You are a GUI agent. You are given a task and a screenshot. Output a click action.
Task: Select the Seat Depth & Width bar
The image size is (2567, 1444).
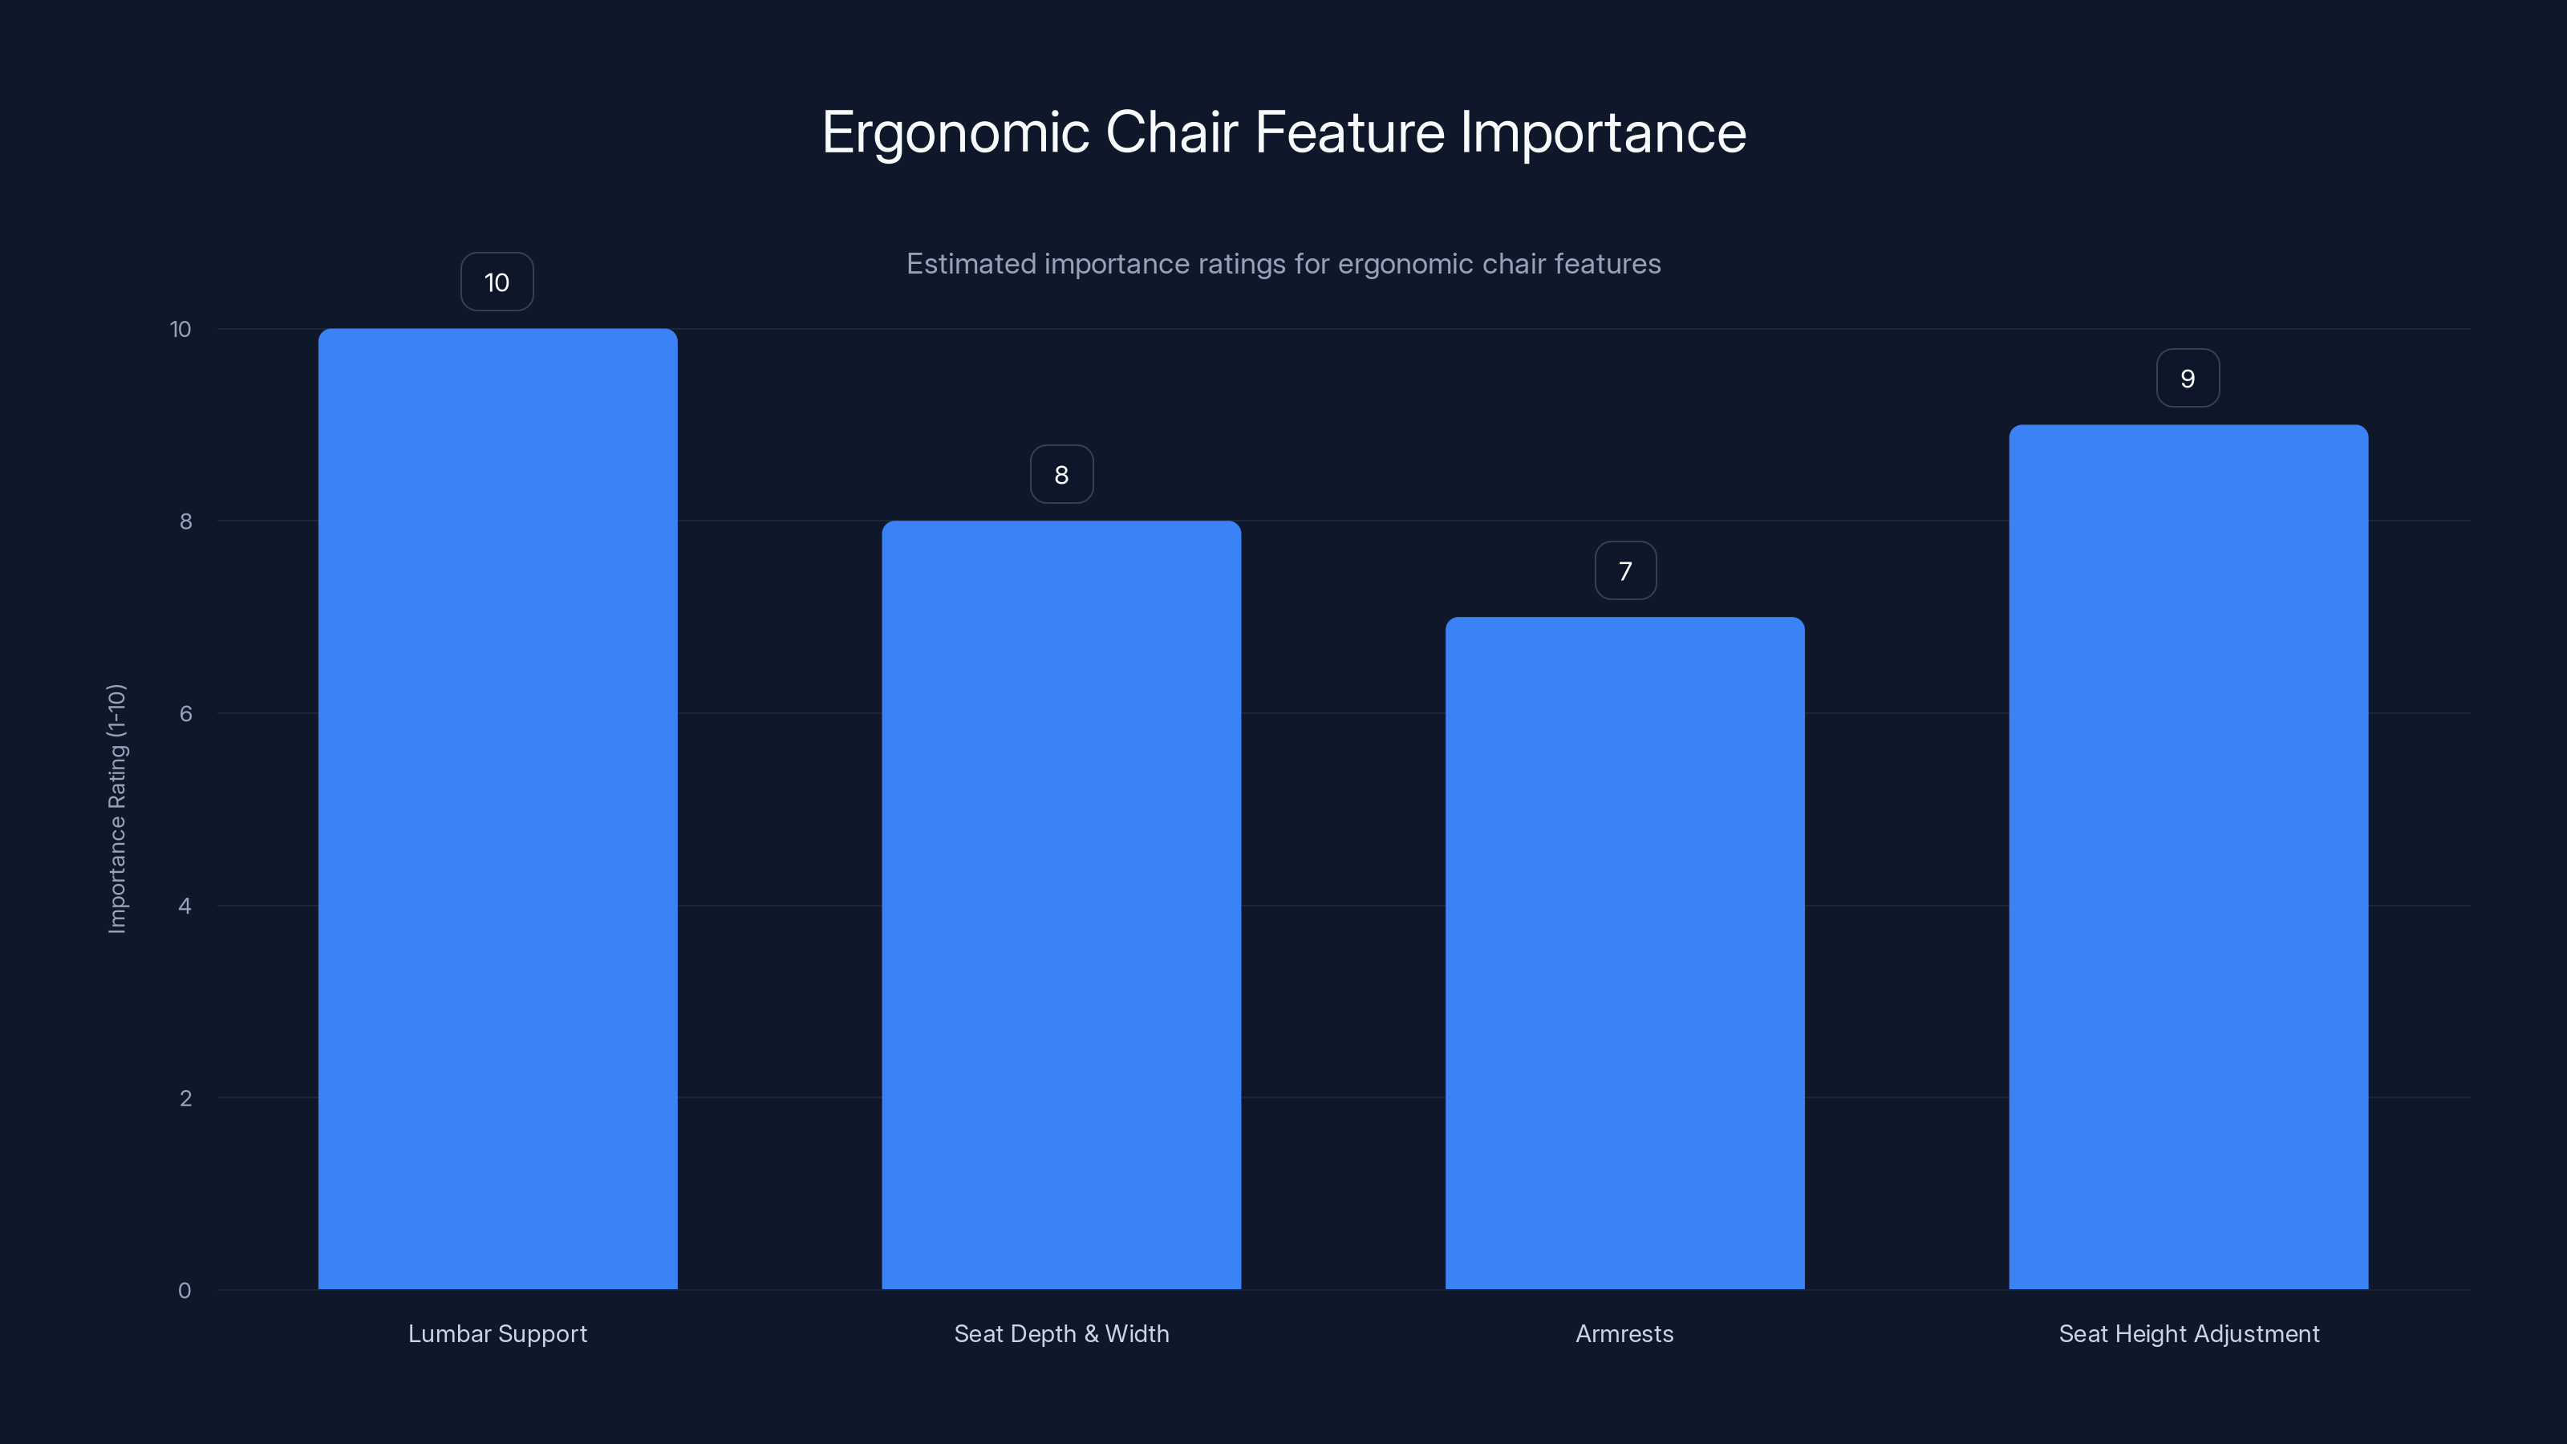(1061, 905)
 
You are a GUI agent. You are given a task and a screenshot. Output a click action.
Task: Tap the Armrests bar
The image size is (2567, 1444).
(1624, 953)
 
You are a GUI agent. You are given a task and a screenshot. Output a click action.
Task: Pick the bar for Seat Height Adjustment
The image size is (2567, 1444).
(2188, 857)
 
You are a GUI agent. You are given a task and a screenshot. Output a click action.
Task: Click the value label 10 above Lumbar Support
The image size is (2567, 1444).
(497, 282)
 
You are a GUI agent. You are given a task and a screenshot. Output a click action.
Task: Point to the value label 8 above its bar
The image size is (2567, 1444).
(1061, 474)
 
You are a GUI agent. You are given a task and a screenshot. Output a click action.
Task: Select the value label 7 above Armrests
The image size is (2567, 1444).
(1625, 571)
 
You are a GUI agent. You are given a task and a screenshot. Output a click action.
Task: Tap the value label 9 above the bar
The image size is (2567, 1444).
(2188, 379)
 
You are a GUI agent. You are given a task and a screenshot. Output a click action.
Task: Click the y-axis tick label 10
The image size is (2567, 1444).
(180, 329)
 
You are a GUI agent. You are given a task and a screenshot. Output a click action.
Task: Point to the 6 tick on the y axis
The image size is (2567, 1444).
(185, 713)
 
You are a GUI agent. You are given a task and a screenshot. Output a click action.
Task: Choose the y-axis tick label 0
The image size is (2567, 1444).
(185, 1291)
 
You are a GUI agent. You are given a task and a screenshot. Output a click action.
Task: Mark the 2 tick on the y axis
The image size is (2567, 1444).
(185, 1098)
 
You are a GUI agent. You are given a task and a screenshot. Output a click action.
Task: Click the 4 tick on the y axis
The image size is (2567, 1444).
(185, 906)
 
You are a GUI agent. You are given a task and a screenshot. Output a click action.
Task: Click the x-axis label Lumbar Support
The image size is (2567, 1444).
(497, 1333)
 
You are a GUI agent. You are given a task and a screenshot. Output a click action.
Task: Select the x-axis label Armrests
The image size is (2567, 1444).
(1624, 1333)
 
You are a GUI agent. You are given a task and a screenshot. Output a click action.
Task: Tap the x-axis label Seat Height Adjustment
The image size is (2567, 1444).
(2188, 1333)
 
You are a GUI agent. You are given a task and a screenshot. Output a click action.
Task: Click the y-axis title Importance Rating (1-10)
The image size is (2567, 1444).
(116, 808)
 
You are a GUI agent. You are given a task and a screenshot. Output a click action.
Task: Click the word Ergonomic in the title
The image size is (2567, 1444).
(955, 132)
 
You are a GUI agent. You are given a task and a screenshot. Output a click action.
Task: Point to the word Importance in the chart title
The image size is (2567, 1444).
(1603, 132)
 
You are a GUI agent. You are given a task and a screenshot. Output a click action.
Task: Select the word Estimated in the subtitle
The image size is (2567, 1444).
(971, 264)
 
